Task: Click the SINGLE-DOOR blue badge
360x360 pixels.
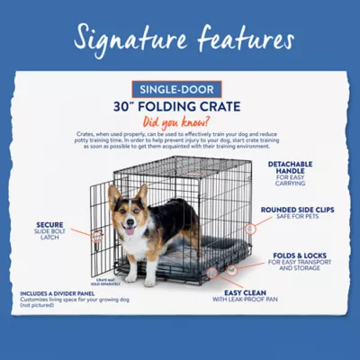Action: pos(180,90)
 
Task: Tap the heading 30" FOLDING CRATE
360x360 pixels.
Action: pos(180,106)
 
